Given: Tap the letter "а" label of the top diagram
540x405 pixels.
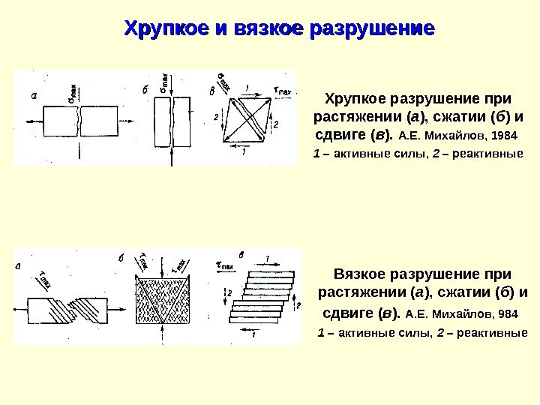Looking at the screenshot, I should tap(33, 95).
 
